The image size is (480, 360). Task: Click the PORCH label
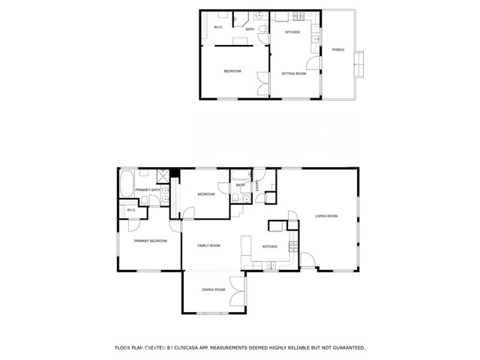coord(337,50)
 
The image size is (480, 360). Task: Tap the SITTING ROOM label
coord(293,73)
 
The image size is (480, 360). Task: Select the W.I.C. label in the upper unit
coord(219,28)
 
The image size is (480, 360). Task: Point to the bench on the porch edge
coord(360,64)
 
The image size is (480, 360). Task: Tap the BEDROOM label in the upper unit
coord(232,71)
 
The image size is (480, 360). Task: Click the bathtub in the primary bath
coord(126,183)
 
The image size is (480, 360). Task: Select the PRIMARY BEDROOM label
coord(150,241)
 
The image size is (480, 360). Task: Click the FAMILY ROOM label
coord(208,245)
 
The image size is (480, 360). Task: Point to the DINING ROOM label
coord(213,289)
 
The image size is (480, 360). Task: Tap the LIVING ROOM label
coord(326,216)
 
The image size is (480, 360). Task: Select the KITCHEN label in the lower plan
coord(269,247)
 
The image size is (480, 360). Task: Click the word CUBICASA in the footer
coord(190,348)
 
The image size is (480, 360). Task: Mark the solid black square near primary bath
coord(175,173)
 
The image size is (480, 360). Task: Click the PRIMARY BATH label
coord(148,190)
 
